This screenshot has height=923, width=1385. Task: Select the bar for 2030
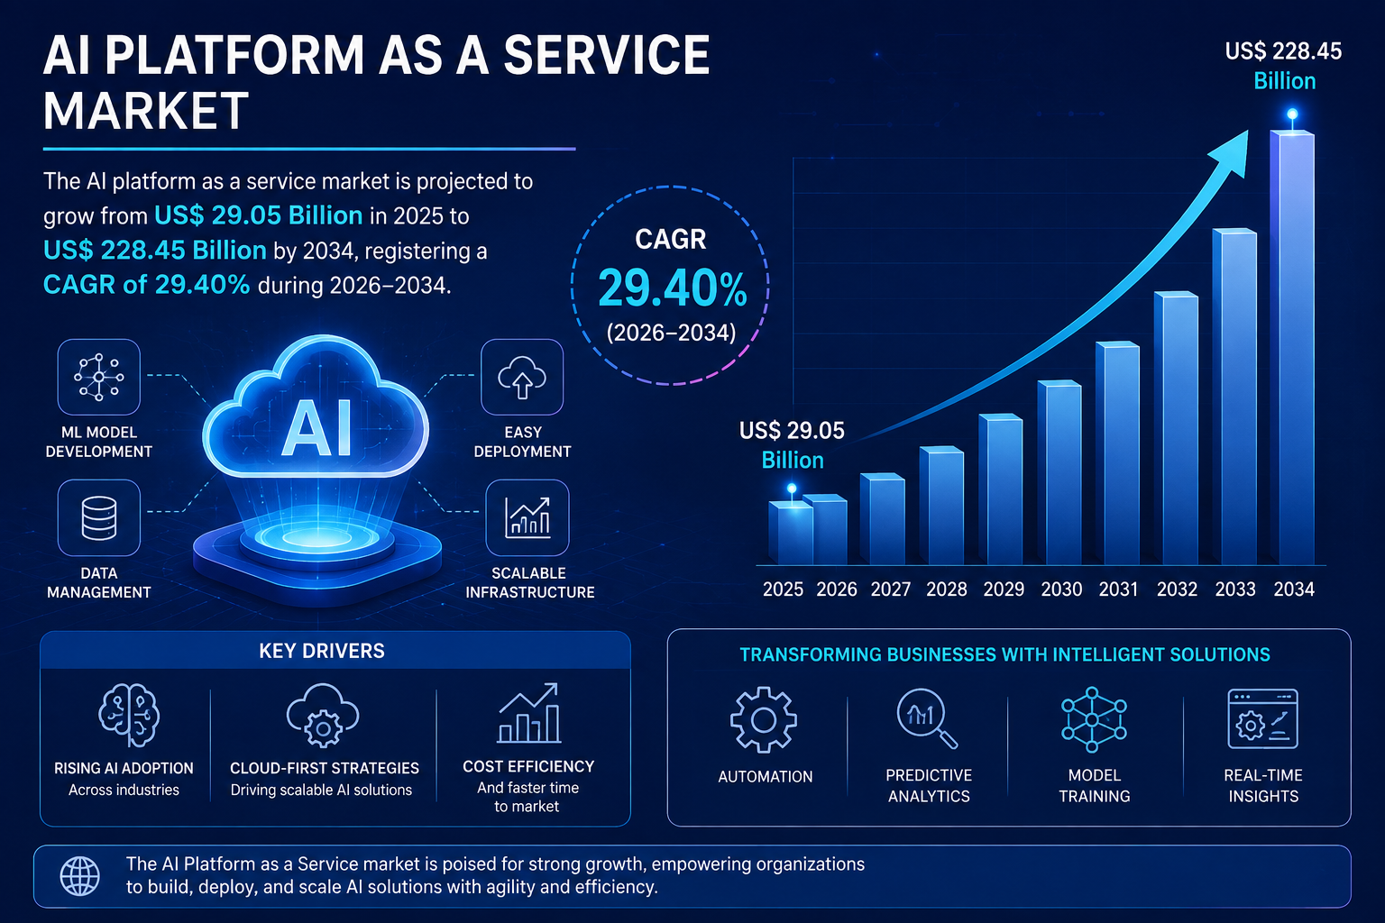[x=1059, y=473]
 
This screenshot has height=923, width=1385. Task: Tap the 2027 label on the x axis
[x=890, y=589]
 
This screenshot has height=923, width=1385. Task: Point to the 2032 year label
[x=1177, y=589]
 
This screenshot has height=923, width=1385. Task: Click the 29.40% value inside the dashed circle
[x=672, y=288]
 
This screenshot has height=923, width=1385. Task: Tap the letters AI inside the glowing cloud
[x=316, y=428]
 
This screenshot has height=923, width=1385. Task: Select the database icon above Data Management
[x=99, y=518]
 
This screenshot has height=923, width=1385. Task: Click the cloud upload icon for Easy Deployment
[x=522, y=377]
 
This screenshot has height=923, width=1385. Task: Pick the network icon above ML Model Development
[x=99, y=377]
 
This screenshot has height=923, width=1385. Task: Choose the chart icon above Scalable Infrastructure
[x=527, y=518]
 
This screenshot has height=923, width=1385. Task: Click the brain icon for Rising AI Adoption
[x=129, y=716]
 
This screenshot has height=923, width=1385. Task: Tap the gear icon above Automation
[x=764, y=719]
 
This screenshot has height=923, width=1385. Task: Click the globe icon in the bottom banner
[x=79, y=876]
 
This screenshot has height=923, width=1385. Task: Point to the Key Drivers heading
[x=322, y=651]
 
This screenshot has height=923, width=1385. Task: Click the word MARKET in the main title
[x=146, y=111]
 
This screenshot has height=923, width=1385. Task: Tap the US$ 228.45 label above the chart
[x=1284, y=51]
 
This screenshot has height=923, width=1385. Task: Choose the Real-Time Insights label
[x=1263, y=785]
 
